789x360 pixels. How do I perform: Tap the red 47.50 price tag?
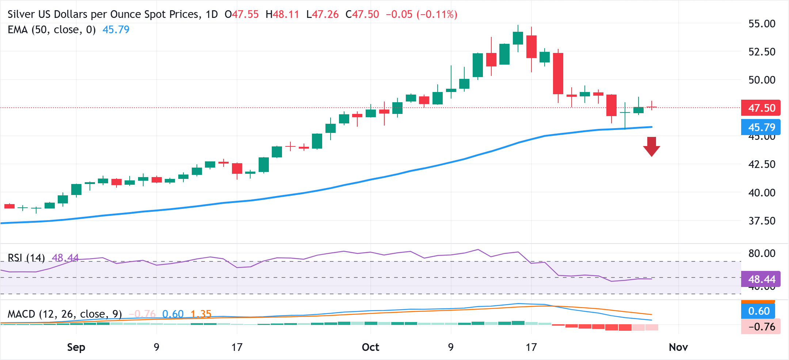(x=761, y=108)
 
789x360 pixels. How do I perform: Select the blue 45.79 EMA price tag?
(x=761, y=127)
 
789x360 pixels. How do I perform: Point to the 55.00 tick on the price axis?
(x=762, y=24)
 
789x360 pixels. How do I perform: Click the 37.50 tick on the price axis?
(x=762, y=221)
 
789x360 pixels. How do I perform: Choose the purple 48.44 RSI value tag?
(x=761, y=279)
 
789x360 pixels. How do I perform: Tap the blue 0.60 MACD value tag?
(x=759, y=311)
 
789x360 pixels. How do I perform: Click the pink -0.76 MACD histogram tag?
(x=761, y=326)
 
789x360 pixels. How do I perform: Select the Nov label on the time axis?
(x=678, y=347)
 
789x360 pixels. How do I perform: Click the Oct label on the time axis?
(x=370, y=347)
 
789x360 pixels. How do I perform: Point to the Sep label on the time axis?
(x=76, y=347)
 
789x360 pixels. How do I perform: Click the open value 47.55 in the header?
(x=245, y=15)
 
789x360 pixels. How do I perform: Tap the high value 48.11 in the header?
(x=286, y=15)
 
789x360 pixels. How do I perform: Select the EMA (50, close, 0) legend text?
(x=52, y=30)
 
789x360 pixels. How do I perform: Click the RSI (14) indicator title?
(x=26, y=258)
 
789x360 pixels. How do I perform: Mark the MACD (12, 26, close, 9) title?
(x=65, y=314)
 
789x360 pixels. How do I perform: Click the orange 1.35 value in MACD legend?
(x=201, y=314)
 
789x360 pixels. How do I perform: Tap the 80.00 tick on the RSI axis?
(x=762, y=253)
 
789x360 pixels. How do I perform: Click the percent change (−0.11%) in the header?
(x=437, y=15)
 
